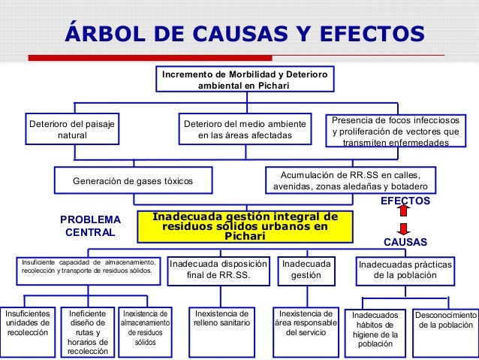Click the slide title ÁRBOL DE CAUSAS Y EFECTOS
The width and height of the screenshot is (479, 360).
[x=245, y=34]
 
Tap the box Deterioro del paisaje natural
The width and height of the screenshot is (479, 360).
[x=71, y=129]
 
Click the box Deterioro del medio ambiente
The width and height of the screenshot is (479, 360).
[x=245, y=129]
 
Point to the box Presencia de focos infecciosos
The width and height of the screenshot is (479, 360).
[x=398, y=131]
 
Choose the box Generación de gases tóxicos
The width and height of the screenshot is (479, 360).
[x=133, y=181]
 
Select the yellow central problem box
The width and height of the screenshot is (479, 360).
[x=245, y=226]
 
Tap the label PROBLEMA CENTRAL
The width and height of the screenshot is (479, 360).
[x=90, y=225]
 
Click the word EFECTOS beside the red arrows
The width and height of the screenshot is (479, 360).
[x=405, y=201]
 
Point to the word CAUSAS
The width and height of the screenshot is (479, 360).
[x=405, y=243]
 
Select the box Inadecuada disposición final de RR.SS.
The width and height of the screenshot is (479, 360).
[x=218, y=270]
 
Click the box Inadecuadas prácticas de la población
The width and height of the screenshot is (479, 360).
[x=405, y=270]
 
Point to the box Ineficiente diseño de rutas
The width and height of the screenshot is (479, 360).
[x=87, y=331]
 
